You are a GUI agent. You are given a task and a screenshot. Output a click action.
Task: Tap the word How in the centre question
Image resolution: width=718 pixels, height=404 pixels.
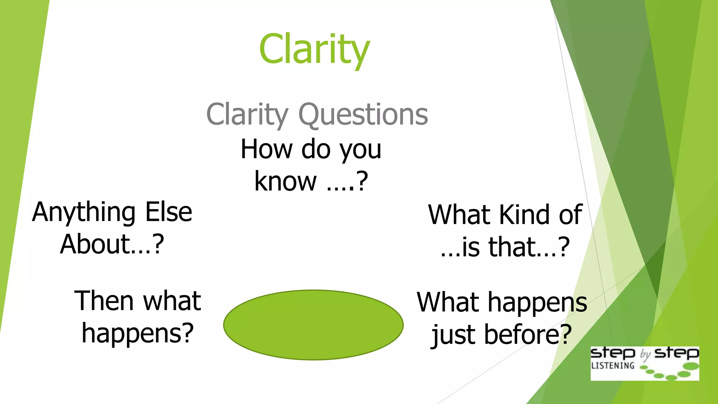[x=266, y=149]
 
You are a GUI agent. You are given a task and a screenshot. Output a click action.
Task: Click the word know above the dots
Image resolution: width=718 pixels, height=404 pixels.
[x=285, y=181]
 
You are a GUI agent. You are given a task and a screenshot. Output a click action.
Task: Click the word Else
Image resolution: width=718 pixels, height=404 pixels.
[x=169, y=212]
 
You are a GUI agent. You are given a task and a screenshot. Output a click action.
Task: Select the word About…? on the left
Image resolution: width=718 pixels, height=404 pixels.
[x=112, y=244]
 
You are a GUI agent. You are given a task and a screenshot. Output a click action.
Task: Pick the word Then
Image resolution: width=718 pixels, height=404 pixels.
[x=104, y=301]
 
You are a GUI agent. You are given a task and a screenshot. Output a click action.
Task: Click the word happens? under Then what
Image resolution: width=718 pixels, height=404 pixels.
[x=137, y=334]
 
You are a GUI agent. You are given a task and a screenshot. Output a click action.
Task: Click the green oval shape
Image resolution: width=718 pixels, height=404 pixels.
[x=313, y=325]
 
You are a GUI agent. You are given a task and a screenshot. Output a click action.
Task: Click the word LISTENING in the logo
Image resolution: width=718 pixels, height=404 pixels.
[x=612, y=366]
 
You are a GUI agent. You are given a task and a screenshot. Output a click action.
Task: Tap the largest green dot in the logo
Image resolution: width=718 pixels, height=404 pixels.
[x=691, y=366]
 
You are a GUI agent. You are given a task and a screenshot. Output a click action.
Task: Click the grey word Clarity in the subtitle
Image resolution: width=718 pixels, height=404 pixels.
[x=247, y=114]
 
